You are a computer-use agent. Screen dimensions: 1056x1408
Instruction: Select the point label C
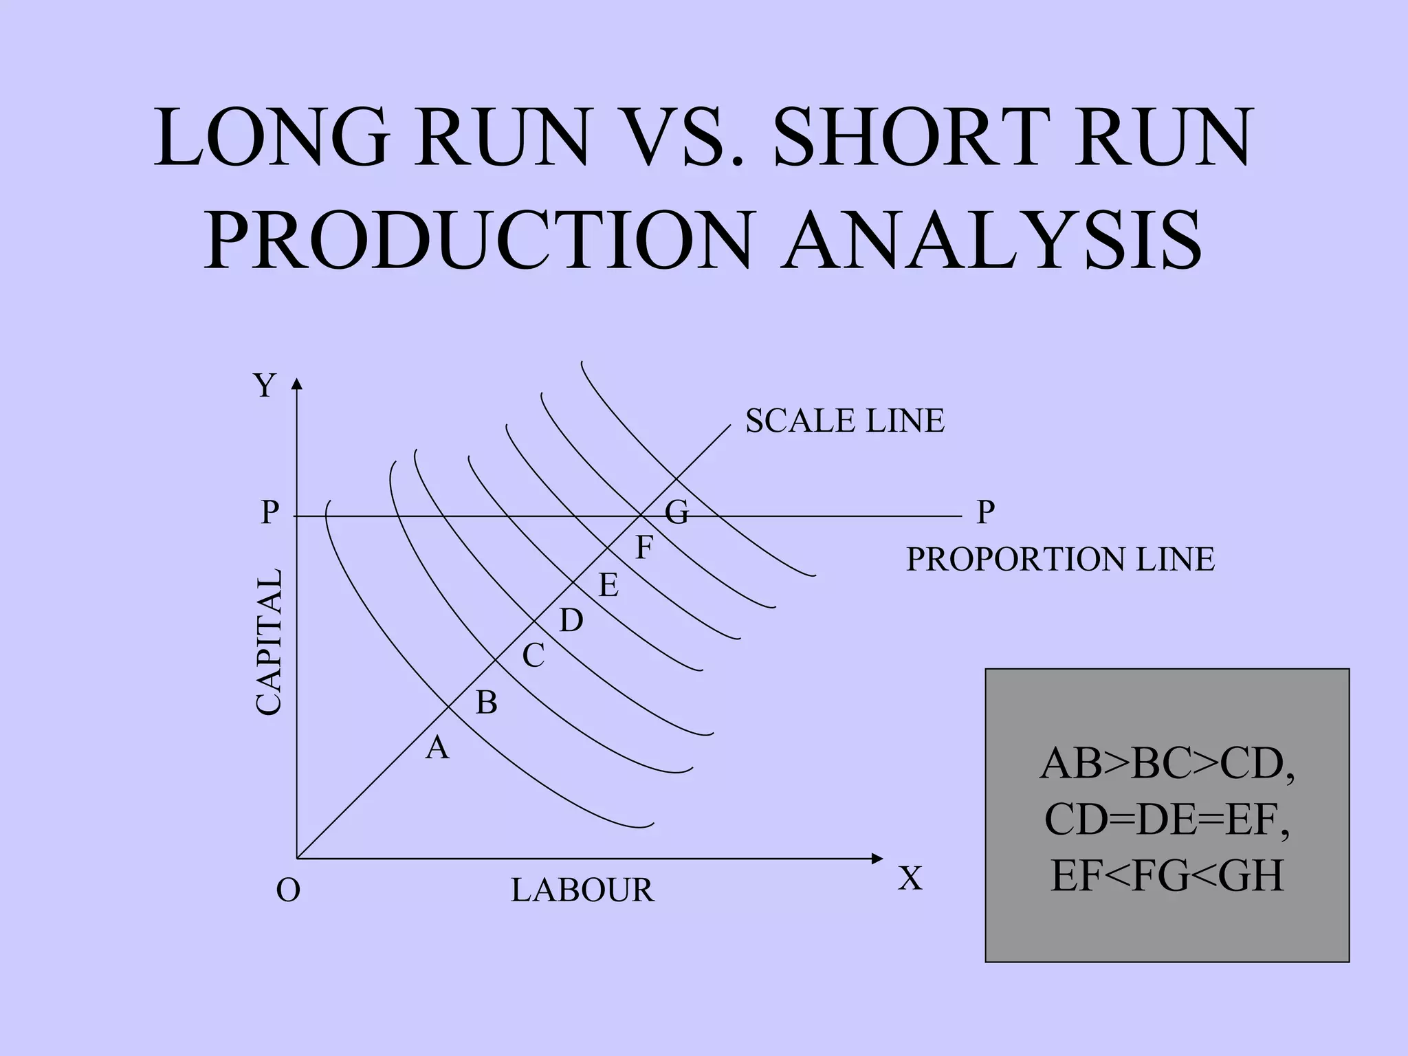click(533, 656)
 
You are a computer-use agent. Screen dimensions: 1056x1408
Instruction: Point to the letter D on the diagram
click(571, 621)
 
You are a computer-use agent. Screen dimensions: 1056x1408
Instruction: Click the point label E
click(608, 586)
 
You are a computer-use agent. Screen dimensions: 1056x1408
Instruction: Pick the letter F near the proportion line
click(643, 549)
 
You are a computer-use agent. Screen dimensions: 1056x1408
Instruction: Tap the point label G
click(676, 513)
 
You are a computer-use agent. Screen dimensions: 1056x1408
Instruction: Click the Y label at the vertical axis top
click(265, 386)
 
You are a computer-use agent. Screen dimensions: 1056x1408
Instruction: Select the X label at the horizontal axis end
click(910, 879)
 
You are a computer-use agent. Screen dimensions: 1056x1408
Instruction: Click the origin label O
click(288, 890)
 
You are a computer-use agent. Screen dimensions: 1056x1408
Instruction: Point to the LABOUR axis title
click(582, 890)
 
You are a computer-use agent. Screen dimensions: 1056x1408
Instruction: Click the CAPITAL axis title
click(269, 641)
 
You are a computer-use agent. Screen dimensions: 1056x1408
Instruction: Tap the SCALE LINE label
click(845, 421)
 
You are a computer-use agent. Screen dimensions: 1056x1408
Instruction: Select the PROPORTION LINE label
click(1060, 560)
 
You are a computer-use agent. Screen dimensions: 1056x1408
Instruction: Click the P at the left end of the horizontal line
click(269, 513)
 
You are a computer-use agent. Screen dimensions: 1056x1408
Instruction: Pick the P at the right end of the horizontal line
click(986, 513)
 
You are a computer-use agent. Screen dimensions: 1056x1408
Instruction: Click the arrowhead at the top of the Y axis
click(296, 383)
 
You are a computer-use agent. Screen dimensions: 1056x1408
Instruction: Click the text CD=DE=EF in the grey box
click(1167, 819)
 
